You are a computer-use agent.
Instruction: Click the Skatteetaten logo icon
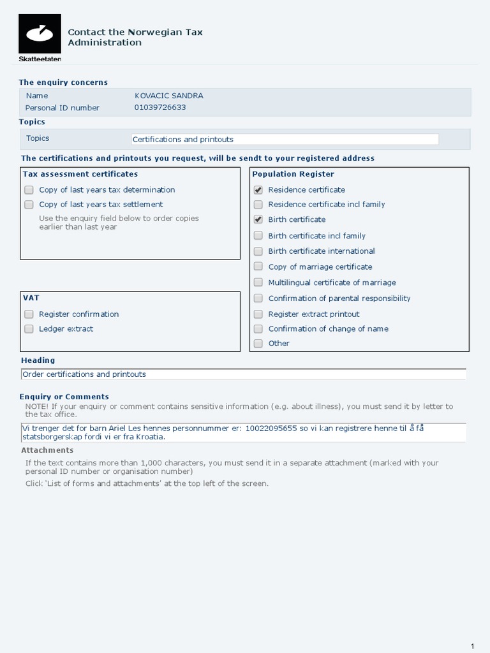(x=40, y=33)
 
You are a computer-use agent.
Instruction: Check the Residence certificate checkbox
(x=258, y=190)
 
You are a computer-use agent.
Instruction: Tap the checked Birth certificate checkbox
(x=258, y=219)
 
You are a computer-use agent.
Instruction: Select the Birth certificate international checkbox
(x=258, y=251)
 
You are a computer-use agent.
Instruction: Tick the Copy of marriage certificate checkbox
(x=258, y=267)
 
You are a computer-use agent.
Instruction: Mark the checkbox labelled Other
(x=258, y=344)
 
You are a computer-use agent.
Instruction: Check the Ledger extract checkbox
(x=29, y=329)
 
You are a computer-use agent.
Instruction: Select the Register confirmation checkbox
(x=29, y=314)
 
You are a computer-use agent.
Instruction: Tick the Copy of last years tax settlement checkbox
(x=29, y=205)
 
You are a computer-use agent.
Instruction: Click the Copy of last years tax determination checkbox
(x=29, y=190)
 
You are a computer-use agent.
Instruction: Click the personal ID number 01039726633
(x=160, y=107)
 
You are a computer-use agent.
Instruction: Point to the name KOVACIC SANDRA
(x=169, y=96)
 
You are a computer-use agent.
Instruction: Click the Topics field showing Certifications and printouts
(x=285, y=139)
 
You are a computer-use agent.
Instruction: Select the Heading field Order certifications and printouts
(x=243, y=374)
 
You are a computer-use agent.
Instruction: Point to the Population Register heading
(x=293, y=174)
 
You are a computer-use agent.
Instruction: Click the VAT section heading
(x=31, y=298)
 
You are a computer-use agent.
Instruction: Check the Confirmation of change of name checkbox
(x=258, y=329)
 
